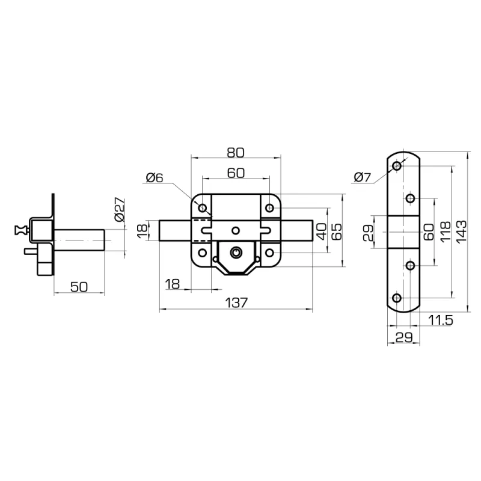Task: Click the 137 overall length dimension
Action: coord(236,303)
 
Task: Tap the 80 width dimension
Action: coord(236,153)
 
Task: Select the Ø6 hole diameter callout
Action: coord(155,177)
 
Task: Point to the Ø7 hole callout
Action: coord(363,177)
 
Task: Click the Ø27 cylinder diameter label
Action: coord(120,210)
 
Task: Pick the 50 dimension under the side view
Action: coord(79,287)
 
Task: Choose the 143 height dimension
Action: coord(461,232)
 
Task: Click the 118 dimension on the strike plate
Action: coord(445,232)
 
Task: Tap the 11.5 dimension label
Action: coord(440,320)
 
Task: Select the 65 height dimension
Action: coord(337,232)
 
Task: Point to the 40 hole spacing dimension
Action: coord(321,231)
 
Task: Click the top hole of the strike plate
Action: coord(397,167)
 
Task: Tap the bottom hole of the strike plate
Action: coord(397,298)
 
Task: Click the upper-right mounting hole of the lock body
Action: coord(269,208)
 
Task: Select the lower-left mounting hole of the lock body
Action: coord(203,253)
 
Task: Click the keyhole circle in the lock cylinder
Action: coord(236,252)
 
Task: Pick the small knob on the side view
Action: coord(20,230)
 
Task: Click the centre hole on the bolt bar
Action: coord(236,230)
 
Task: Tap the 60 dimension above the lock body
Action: coord(236,173)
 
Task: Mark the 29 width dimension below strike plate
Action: coord(403,337)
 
